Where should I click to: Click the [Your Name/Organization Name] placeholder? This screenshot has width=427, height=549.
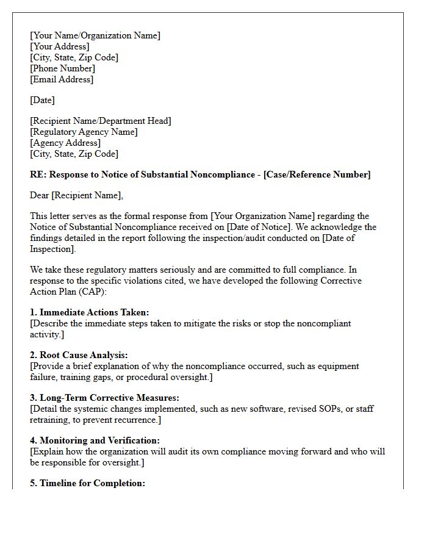point(95,35)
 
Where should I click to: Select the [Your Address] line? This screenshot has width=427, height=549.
point(59,46)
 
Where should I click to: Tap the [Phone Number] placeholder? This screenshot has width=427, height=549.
point(62,68)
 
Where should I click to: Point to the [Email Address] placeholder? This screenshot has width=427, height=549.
point(62,79)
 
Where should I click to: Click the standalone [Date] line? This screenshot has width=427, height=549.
point(42,100)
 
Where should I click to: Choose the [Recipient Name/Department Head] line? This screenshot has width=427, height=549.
point(101,121)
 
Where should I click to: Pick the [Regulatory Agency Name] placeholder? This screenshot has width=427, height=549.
point(84,132)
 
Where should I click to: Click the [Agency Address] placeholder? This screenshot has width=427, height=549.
point(65,143)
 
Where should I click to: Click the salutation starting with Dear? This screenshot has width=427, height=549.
point(76,195)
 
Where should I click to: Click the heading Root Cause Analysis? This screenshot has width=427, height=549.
point(84,355)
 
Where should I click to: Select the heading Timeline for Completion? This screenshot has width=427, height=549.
point(92,483)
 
